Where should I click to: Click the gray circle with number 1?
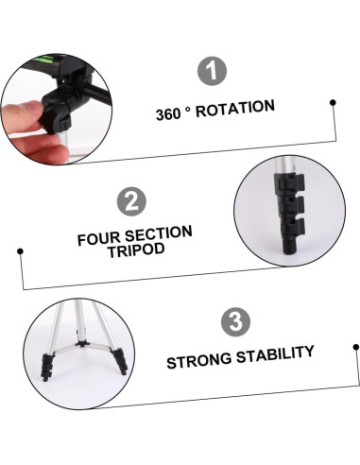click(x=214, y=72)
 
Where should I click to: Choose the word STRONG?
click(x=199, y=360)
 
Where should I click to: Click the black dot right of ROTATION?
click(x=333, y=102)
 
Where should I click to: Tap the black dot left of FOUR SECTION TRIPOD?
click(x=21, y=250)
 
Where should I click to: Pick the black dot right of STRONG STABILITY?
click(x=356, y=348)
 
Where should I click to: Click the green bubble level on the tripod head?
click(x=42, y=63)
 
